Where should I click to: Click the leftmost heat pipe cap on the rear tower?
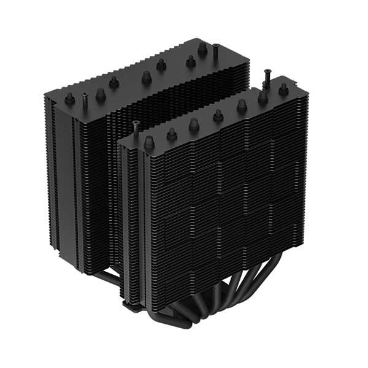tap(69, 98)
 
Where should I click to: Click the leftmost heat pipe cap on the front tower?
tap(148, 142)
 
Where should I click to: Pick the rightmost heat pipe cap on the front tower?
tap(283, 89)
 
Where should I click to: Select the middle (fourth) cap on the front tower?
tap(218, 115)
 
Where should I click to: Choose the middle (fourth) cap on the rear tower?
tap(146, 77)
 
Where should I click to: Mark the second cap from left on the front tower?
tap(172, 132)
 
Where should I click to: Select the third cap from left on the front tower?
tap(194, 125)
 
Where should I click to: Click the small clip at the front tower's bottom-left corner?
tap(126, 304)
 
